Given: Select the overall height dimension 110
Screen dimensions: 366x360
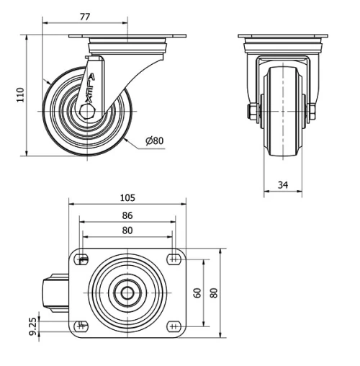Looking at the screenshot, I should pyautogui.click(x=20, y=94).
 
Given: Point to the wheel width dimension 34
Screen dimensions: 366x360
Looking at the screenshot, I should pyautogui.click(x=282, y=185).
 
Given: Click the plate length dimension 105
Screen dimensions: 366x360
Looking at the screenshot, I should pyautogui.click(x=127, y=197).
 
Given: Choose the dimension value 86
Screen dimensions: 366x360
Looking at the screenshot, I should pyautogui.click(x=127, y=215).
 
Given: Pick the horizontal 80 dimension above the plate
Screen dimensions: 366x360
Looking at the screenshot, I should pyautogui.click(x=127, y=231).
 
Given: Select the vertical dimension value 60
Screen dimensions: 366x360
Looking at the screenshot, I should pyautogui.click(x=197, y=293).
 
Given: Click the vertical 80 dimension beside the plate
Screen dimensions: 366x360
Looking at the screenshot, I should pyautogui.click(x=214, y=293).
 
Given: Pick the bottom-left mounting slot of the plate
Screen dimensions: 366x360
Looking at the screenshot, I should pyautogui.click(x=81, y=326).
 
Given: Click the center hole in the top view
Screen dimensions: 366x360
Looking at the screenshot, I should pyautogui.click(x=127, y=293).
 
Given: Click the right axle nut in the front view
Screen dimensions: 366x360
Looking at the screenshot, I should pyautogui.click(x=313, y=112).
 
